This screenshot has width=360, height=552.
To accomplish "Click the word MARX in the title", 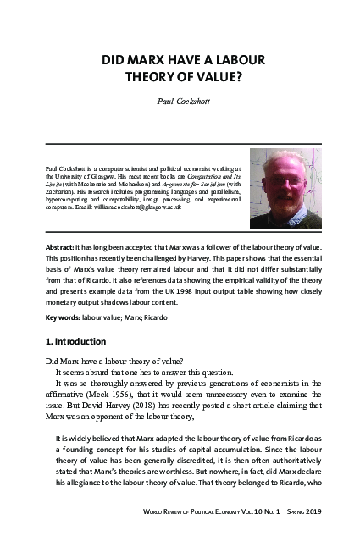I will (152, 62).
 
